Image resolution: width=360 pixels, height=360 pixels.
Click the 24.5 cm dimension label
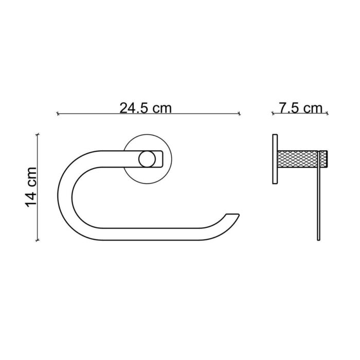(x=146, y=107)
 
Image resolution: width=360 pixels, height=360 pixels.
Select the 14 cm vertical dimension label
(x=31, y=186)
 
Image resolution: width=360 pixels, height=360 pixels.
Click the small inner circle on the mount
(x=147, y=159)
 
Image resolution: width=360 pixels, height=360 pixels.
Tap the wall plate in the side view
(x=274, y=159)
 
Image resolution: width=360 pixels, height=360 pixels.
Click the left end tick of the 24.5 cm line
(x=57, y=114)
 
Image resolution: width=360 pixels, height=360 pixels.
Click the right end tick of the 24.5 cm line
(x=240, y=114)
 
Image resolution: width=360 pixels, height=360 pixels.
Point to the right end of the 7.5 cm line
(x=328, y=114)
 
